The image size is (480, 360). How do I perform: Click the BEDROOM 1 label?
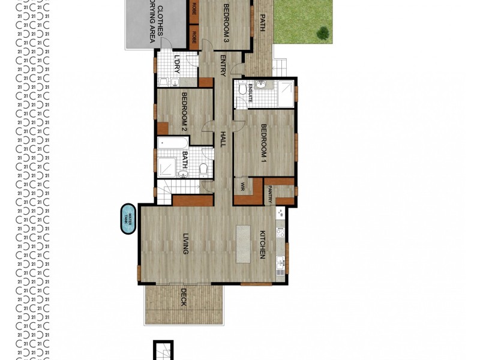[x=263, y=143]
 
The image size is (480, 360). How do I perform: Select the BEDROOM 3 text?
[x=227, y=23]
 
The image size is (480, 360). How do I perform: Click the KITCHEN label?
[x=262, y=245]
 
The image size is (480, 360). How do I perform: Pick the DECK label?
[x=183, y=297]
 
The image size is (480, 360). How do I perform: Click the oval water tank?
[x=127, y=218]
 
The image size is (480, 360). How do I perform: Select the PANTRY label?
[x=271, y=192]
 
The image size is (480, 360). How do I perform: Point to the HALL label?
[x=223, y=140]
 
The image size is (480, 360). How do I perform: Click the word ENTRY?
[x=223, y=65]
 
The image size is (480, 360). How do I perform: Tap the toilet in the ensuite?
[x=242, y=89]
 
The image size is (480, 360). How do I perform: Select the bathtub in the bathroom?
[x=173, y=143]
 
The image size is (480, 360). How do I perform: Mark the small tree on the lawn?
[x=323, y=33]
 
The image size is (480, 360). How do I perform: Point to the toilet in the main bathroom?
[x=203, y=169]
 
